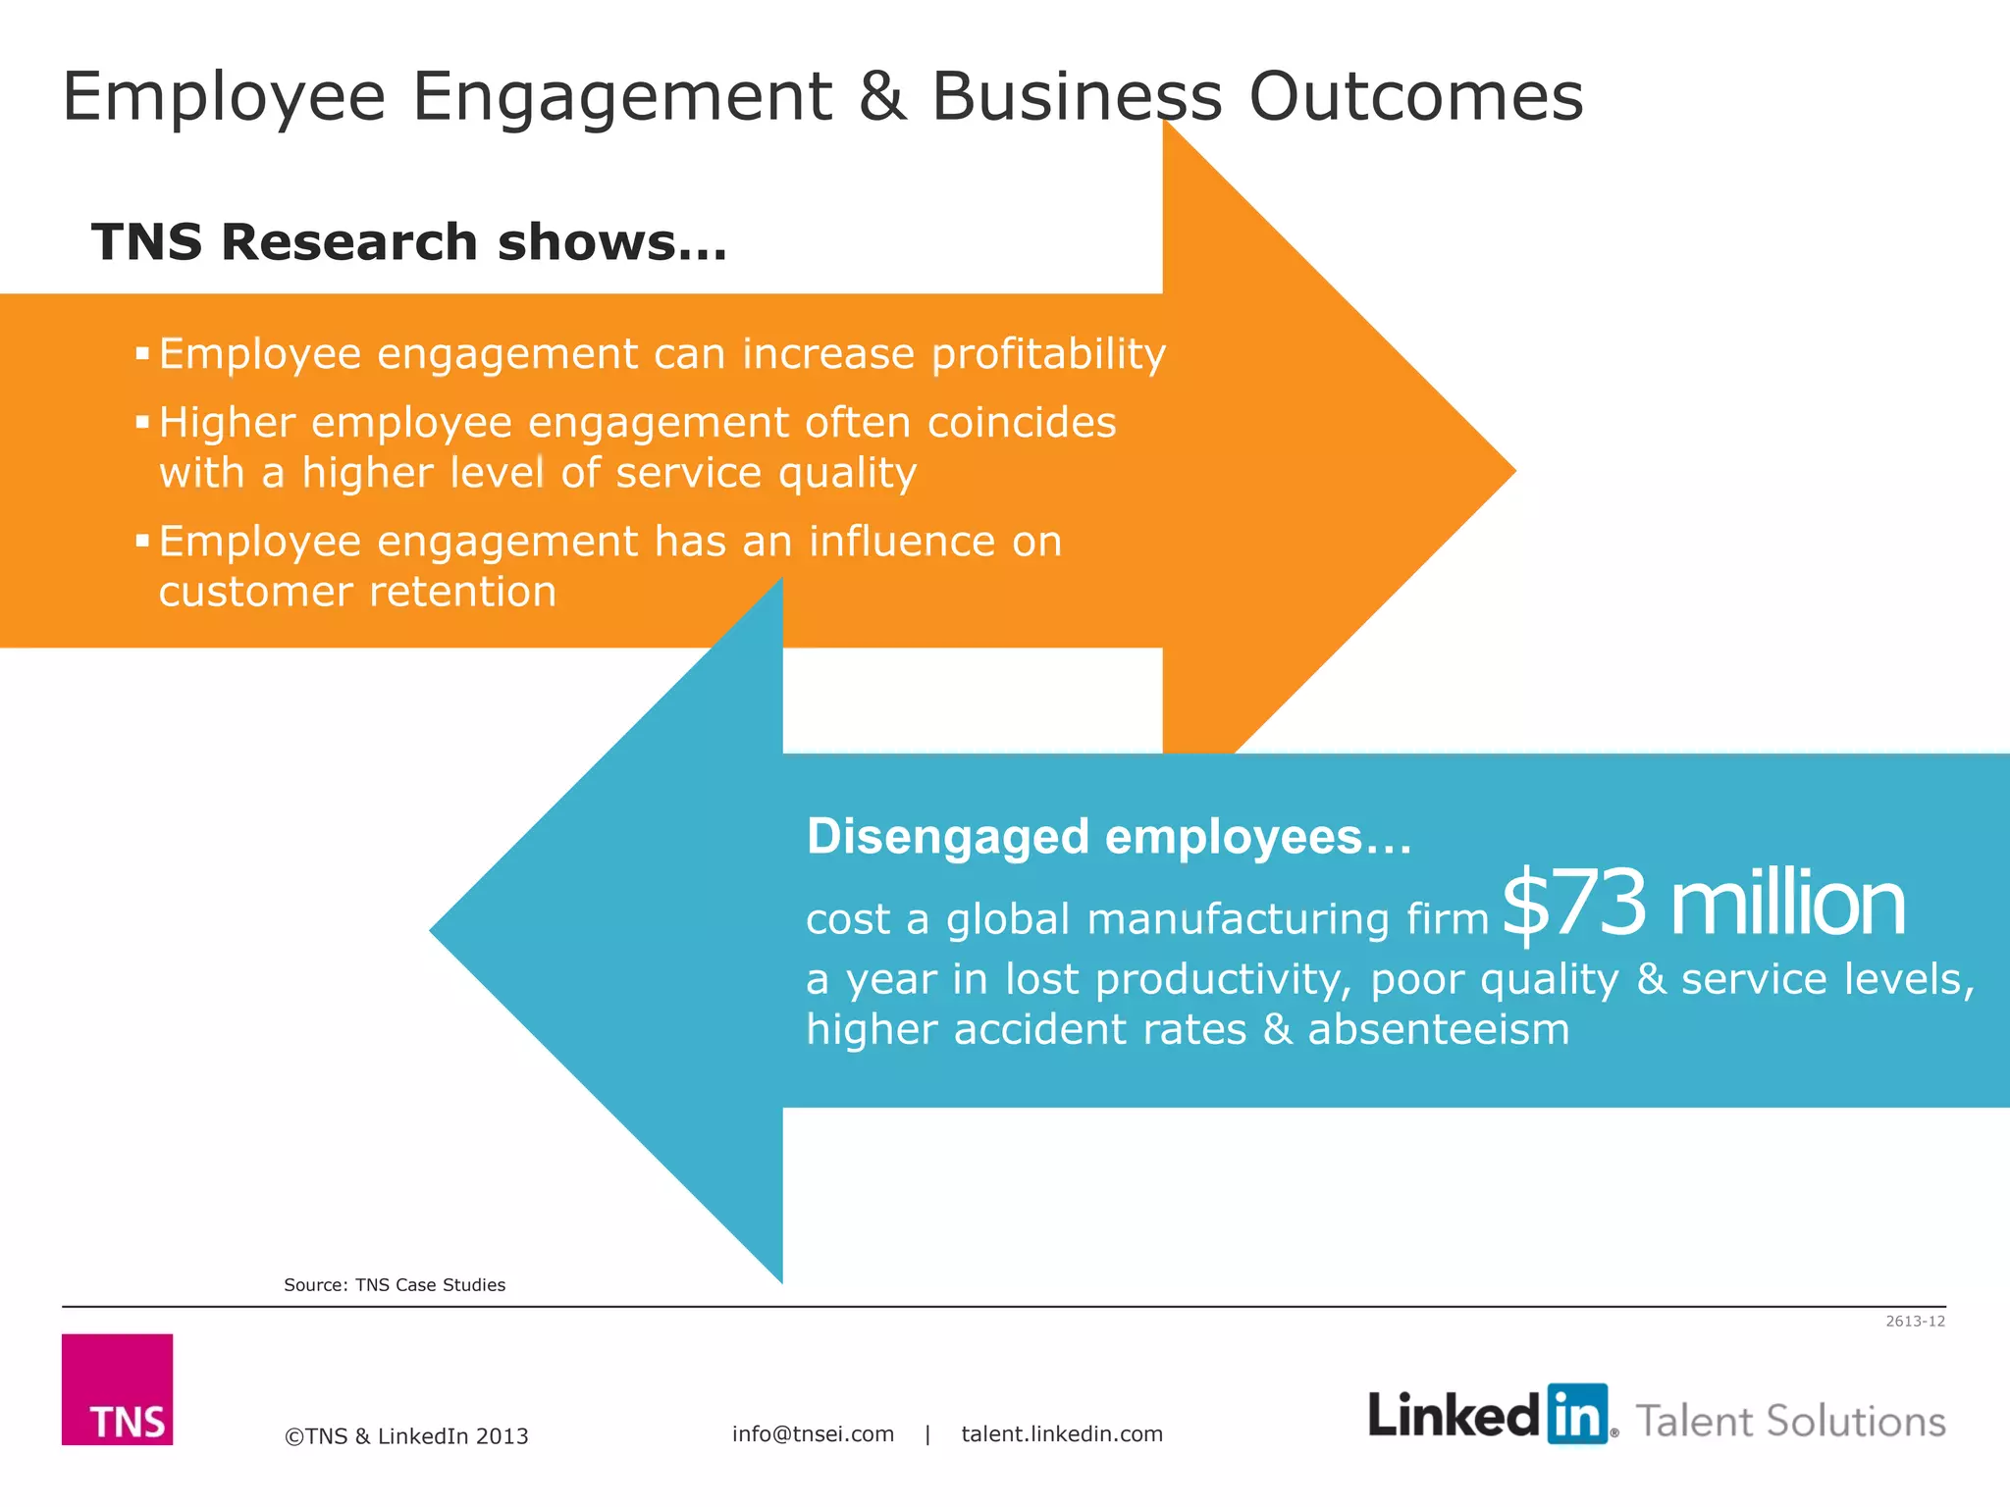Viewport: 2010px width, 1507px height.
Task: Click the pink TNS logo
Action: (x=117, y=1388)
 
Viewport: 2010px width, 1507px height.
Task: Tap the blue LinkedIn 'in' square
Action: (x=1577, y=1414)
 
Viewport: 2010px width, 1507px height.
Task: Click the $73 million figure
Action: (x=1703, y=904)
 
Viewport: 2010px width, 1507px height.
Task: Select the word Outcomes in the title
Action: (x=1415, y=97)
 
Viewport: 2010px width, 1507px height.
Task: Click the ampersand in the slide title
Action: (x=881, y=97)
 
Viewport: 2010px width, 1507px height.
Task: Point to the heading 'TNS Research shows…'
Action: (x=409, y=241)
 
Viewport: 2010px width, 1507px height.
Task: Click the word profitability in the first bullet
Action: (x=1047, y=353)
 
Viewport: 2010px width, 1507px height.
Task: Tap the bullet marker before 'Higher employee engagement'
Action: (x=142, y=423)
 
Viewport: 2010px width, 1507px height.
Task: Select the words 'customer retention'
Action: (x=357, y=592)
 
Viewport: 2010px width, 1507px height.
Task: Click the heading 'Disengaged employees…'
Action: (x=1108, y=837)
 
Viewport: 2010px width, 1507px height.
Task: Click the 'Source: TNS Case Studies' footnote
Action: (x=395, y=1285)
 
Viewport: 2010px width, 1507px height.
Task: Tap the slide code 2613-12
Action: (x=1915, y=1322)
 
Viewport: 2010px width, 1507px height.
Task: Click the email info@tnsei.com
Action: (x=813, y=1434)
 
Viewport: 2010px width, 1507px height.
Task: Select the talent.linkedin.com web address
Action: (x=1062, y=1434)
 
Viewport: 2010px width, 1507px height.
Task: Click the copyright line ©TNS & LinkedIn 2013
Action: (x=406, y=1436)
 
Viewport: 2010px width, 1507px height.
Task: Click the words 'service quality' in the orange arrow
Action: (x=766, y=473)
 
